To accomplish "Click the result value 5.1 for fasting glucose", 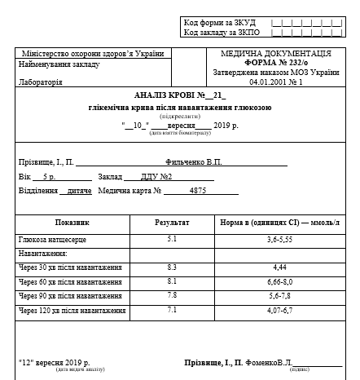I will pos(172,239).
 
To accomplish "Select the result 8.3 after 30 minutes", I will pos(172,267).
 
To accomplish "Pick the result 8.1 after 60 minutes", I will pos(172,281).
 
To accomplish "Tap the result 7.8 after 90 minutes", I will pos(172,295).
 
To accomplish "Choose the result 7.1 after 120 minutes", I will pos(172,310).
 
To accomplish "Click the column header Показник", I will pos(72,222).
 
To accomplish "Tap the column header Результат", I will pos(172,222).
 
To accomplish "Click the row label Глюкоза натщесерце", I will pos(52,240).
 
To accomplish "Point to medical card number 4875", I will pos(197,191).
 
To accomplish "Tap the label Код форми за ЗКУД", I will pos(214,22).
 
